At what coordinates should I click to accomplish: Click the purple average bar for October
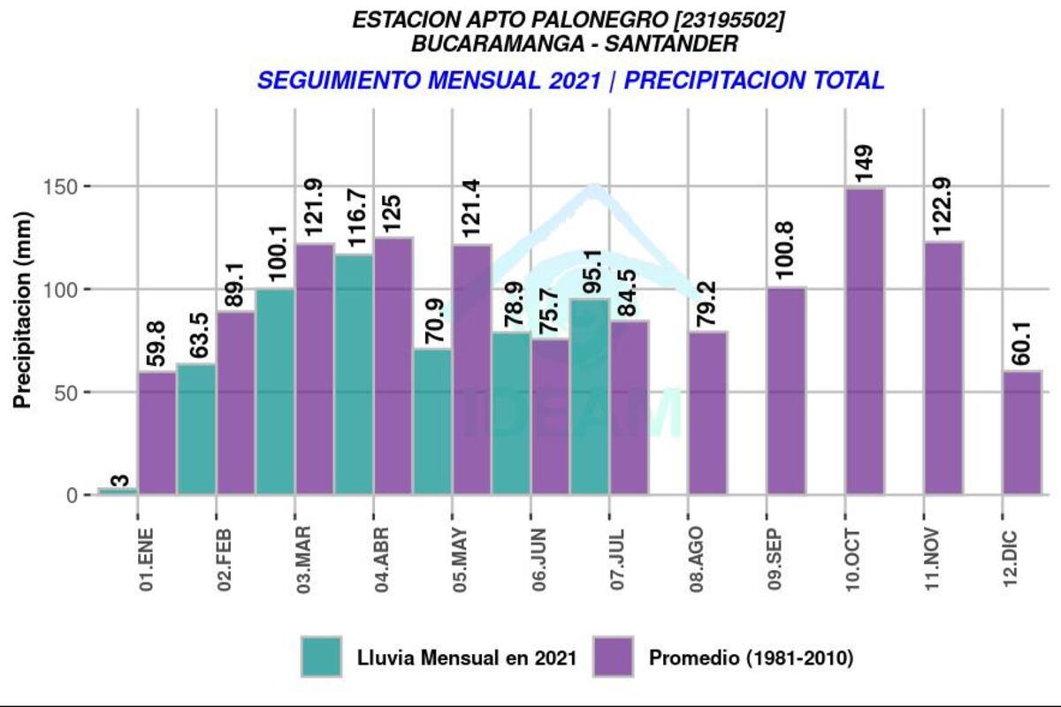[865, 340]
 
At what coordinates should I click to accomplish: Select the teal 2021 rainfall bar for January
[118, 490]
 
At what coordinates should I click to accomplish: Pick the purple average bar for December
[1022, 432]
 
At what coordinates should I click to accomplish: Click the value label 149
[865, 163]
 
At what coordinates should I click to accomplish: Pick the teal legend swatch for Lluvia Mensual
[321, 658]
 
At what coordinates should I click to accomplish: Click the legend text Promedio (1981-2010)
[751, 658]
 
